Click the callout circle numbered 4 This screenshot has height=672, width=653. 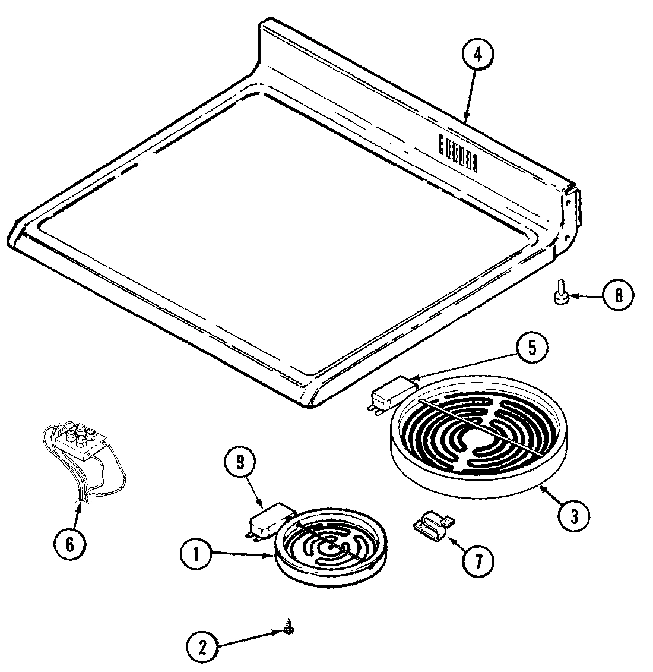click(x=478, y=55)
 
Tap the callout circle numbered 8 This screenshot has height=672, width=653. click(x=617, y=295)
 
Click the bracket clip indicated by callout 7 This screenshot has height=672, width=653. click(x=432, y=524)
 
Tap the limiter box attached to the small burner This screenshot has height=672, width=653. click(x=270, y=519)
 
